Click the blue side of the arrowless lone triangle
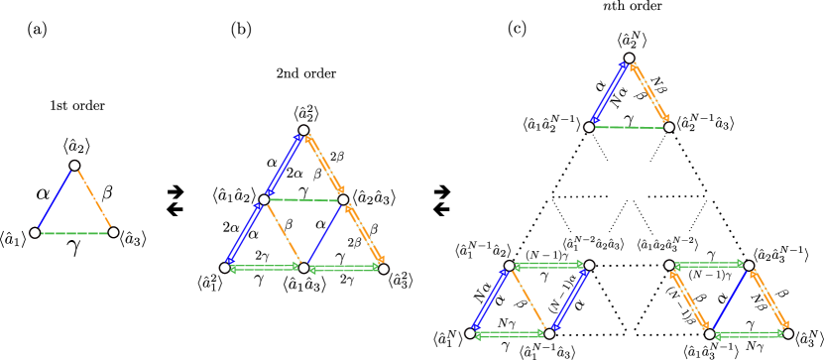55,198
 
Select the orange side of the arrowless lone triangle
94,198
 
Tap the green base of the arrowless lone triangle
73,233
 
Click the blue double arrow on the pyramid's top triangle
283,166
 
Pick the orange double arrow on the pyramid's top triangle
325,164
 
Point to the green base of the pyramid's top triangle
302,200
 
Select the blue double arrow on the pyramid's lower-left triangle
243,233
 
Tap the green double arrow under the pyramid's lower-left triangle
264,268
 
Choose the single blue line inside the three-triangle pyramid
324,234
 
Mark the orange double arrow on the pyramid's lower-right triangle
364,234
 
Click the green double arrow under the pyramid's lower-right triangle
344,268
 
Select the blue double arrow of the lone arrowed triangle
609,92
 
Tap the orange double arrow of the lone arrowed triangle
649,92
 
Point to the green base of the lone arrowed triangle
629,127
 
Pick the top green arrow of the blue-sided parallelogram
548,265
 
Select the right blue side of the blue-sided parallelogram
570,300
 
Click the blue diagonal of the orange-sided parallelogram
730,300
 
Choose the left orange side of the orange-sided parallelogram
689,300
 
